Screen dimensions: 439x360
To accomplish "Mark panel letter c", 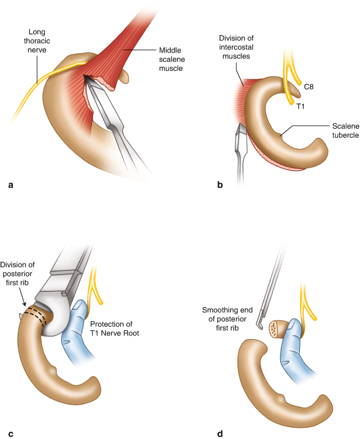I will [10, 434].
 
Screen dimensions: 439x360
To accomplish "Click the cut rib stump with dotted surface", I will [275, 329].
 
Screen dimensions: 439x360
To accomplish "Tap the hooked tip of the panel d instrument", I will [259, 328].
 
